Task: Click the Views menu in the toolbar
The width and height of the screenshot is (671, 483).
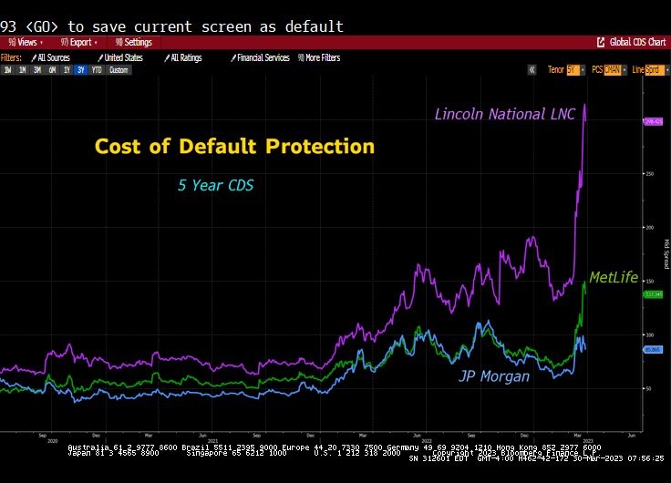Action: pyautogui.click(x=25, y=42)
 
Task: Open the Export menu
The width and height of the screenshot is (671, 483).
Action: pyautogui.click(x=78, y=42)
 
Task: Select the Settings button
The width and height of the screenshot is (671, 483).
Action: pyautogui.click(x=134, y=42)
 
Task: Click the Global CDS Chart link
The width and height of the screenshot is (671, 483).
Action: pyautogui.click(x=632, y=42)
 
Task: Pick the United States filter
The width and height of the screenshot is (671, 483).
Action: pyautogui.click(x=121, y=57)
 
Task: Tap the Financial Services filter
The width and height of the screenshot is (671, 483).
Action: pyautogui.click(x=260, y=57)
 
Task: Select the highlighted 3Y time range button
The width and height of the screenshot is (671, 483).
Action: pyautogui.click(x=80, y=70)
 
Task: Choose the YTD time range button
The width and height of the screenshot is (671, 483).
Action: pyautogui.click(x=96, y=70)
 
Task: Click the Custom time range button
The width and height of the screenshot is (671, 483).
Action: pyautogui.click(x=119, y=70)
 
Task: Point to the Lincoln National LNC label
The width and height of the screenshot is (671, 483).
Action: pyautogui.click(x=505, y=114)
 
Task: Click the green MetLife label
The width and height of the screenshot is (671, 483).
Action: pyautogui.click(x=614, y=277)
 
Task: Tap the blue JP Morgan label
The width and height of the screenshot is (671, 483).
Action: pyautogui.click(x=493, y=375)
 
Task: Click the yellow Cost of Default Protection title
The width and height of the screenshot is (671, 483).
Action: pyautogui.click(x=234, y=147)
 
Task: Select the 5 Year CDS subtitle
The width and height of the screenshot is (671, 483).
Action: pyautogui.click(x=215, y=186)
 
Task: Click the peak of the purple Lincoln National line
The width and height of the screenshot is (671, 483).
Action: pyautogui.click(x=584, y=105)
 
